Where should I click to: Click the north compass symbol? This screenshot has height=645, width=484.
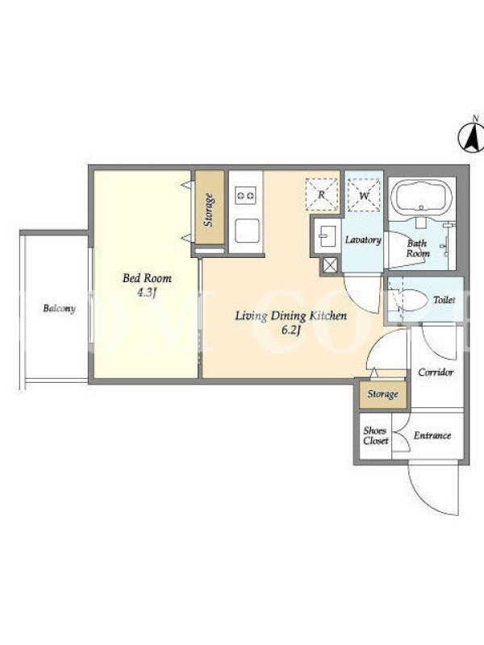[x=472, y=135]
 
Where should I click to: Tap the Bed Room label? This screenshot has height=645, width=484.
[x=147, y=278]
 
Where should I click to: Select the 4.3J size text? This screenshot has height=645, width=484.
[x=148, y=293]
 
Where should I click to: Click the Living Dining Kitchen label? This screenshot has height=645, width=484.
[x=291, y=316]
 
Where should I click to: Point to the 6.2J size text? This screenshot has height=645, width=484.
[x=290, y=331]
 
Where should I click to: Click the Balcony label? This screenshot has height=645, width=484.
[x=59, y=309]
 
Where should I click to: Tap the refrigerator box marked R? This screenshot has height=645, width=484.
[x=322, y=194]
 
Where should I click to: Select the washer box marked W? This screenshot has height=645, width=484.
[x=364, y=195]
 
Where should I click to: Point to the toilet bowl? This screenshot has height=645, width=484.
[x=411, y=300]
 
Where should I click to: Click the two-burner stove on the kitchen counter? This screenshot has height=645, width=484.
[x=245, y=195]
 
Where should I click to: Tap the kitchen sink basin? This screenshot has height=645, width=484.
[x=247, y=231]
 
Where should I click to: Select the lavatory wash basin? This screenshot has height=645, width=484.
[x=328, y=236]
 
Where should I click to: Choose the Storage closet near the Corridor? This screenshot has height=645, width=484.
[x=382, y=395]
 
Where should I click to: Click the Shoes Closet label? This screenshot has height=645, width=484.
[x=375, y=435]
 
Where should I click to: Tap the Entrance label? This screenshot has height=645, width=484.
[x=432, y=435]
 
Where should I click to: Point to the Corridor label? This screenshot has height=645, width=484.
[x=436, y=372]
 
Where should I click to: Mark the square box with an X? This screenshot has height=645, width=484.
[x=330, y=265]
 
